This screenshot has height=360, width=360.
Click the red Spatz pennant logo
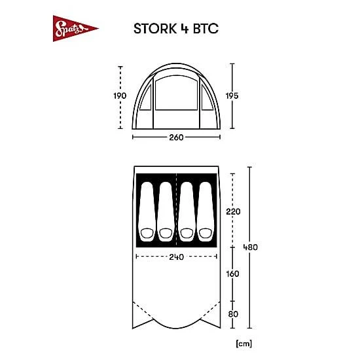click(73, 29)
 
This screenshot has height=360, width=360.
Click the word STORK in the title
click(155, 29)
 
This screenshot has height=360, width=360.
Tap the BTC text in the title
click(206, 29)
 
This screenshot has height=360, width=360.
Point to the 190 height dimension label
click(120, 96)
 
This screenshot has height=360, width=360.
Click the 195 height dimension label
click(232, 96)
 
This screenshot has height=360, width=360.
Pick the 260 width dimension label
click(176, 137)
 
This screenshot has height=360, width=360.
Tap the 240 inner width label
click(176, 257)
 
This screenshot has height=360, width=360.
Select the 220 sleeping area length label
click(233, 211)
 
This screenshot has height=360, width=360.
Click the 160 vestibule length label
click(232, 274)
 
